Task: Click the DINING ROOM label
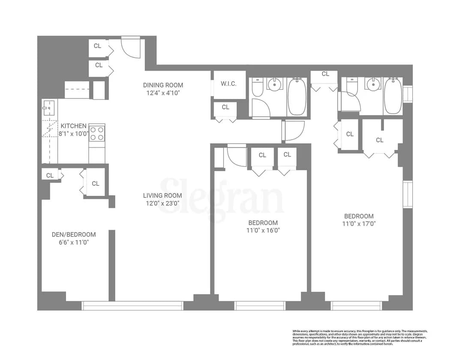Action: (x=163, y=85)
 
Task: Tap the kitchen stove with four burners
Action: (x=97, y=133)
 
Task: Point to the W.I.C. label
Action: (x=228, y=84)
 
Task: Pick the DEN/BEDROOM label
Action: (x=74, y=234)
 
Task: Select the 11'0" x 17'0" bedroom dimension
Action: (x=359, y=223)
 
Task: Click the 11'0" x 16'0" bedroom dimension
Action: (x=263, y=230)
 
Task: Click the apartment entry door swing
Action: (x=131, y=47)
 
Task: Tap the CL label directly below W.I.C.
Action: (x=225, y=107)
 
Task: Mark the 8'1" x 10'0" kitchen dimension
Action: (x=73, y=133)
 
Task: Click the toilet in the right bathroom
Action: (x=352, y=86)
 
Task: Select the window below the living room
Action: (x=132, y=306)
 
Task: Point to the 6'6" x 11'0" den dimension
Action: (x=74, y=242)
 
